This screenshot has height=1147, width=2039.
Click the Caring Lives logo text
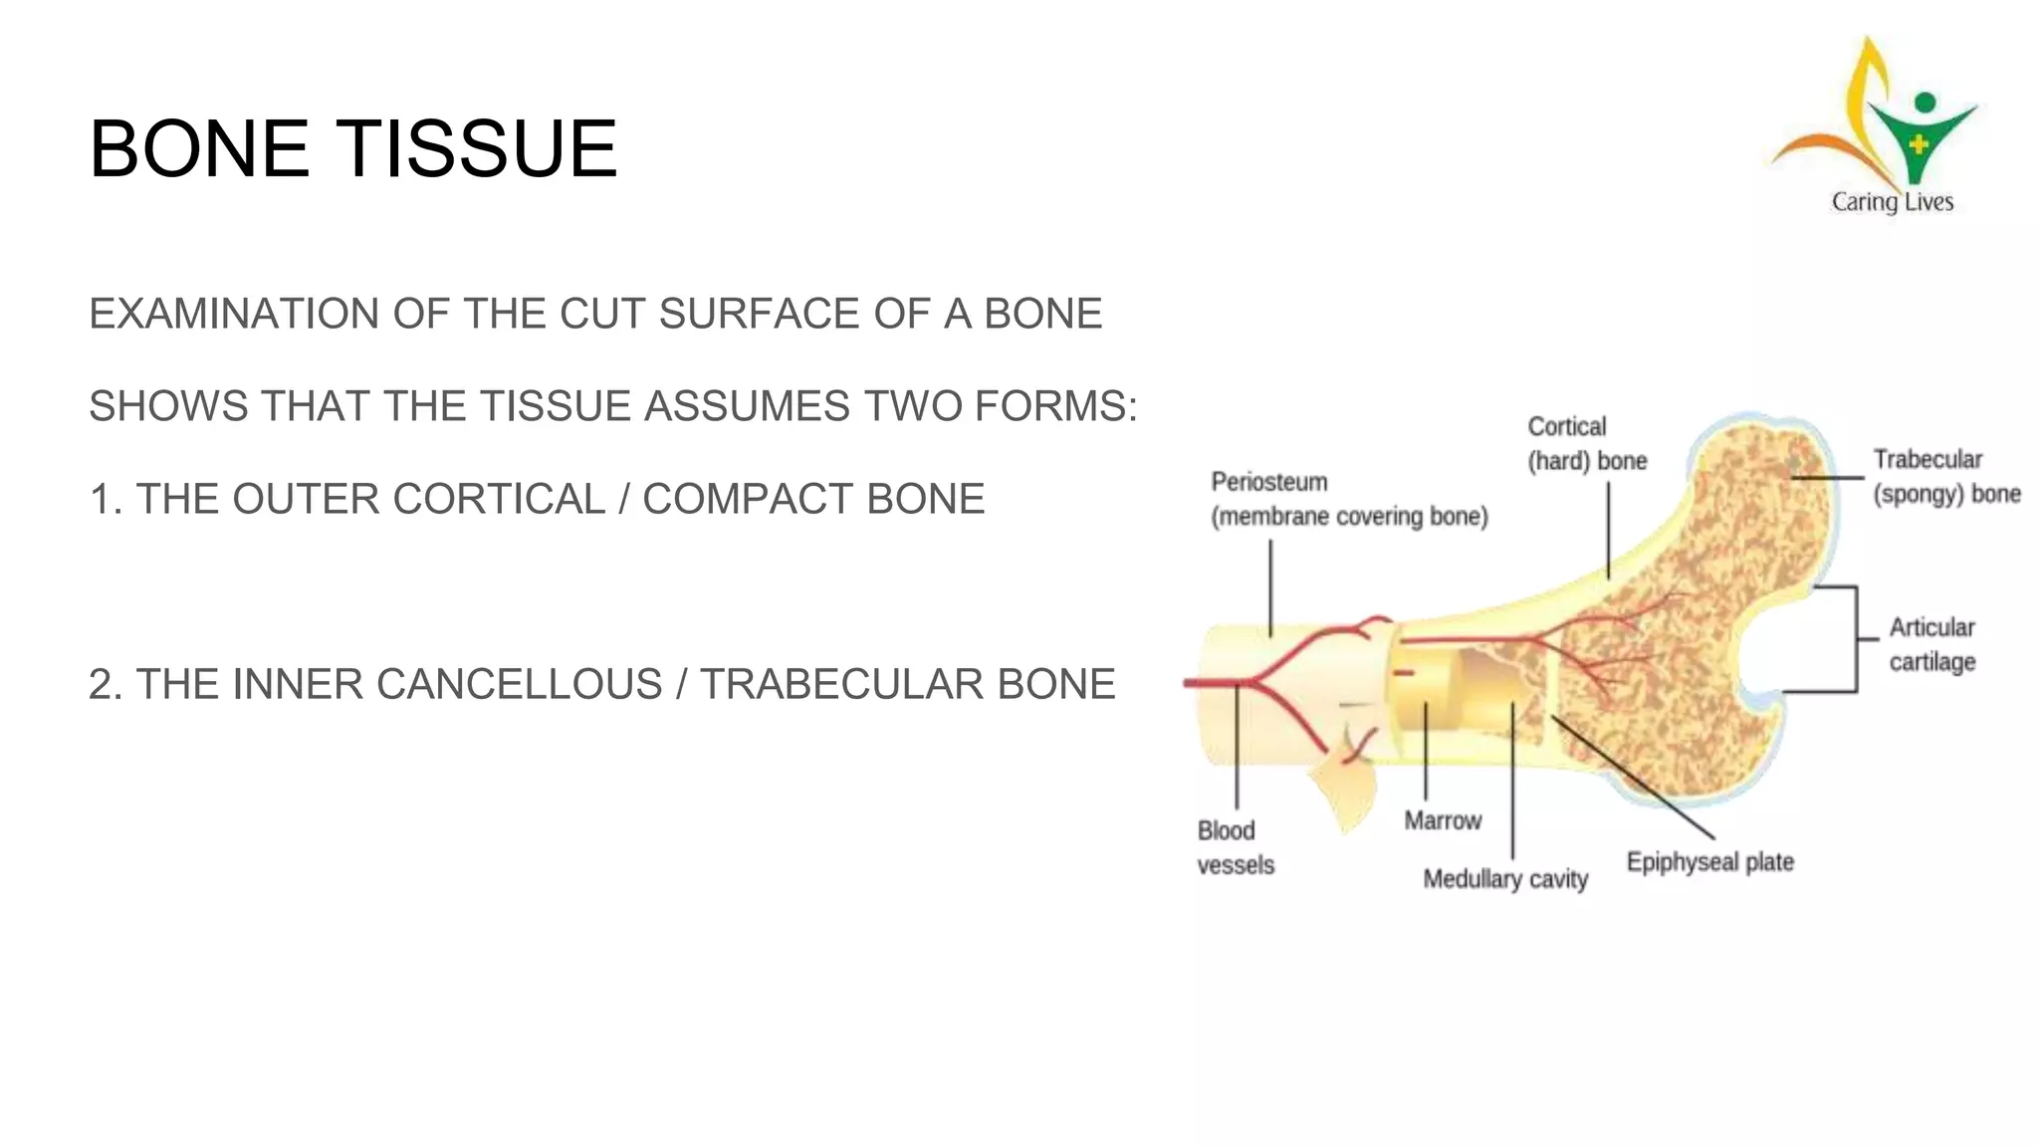pos(1892,202)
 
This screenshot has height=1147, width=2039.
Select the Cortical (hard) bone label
pos(1586,444)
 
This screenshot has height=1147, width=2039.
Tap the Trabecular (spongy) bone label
pos(1945,477)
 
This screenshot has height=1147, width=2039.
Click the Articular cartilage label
pos(1931,644)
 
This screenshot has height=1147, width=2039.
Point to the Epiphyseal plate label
pos(1709,862)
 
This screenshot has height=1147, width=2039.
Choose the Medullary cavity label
pos(1504,879)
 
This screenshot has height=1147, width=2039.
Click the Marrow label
pos(1442,820)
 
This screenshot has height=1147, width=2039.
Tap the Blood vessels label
pos(1235,847)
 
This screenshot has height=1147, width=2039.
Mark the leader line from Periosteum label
pos(1270,587)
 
